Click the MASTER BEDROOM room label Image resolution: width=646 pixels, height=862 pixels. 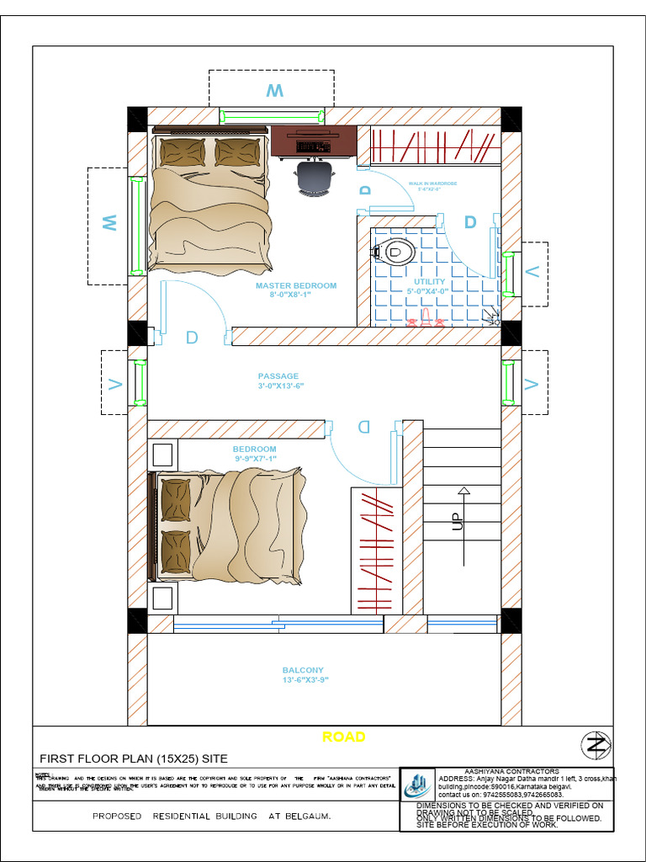click(x=295, y=285)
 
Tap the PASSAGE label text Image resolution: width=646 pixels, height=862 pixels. click(x=278, y=376)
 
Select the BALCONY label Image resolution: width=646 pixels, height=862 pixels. click(x=303, y=670)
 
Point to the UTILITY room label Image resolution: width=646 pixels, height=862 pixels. click(x=429, y=282)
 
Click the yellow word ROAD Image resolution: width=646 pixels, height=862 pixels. click(x=344, y=737)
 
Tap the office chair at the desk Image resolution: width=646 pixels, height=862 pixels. click(x=314, y=178)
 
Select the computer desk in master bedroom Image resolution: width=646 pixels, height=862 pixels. click(x=313, y=141)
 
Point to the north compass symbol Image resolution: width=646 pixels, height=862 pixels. click(x=596, y=744)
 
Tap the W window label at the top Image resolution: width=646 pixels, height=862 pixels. click(x=274, y=91)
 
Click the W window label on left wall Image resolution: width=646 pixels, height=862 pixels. click(x=109, y=223)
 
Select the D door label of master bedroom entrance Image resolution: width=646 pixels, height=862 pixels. click(x=192, y=338)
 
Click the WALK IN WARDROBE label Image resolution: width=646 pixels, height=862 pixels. click(x=432, y=183)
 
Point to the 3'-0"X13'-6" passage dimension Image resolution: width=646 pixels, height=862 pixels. click(x=280, y=386)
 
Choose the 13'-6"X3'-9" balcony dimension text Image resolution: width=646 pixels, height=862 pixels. click(x=304, y=680)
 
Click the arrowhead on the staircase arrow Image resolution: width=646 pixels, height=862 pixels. click(x=463, y=490)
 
